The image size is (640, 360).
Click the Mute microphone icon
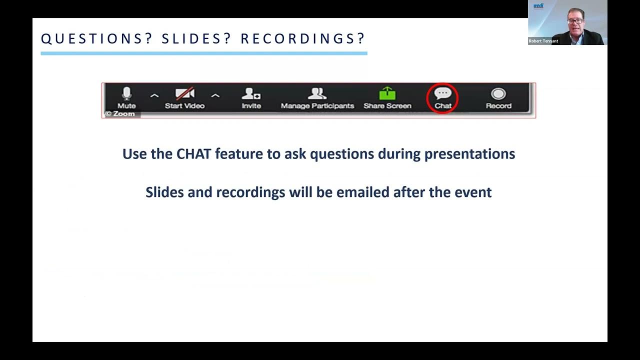126,93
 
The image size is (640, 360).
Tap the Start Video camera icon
184,93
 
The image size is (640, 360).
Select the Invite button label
251,106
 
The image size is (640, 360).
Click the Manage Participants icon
317,93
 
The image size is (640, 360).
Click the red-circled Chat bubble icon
442,93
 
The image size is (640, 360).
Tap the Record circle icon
498,93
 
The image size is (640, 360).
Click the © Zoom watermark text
120,113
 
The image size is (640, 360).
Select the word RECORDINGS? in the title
303,38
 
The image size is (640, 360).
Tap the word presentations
469,153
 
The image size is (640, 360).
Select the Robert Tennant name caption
543,41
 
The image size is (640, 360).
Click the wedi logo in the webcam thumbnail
538,6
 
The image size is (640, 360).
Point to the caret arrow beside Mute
154,95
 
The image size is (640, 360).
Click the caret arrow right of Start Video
215,95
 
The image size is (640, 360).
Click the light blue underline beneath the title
203,52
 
